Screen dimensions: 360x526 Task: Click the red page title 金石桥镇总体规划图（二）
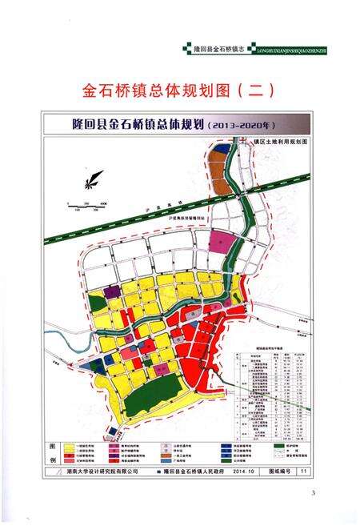pyautogui.click(x=179, y=88)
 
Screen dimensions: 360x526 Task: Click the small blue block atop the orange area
pyautogui.click(x=218, y=147)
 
